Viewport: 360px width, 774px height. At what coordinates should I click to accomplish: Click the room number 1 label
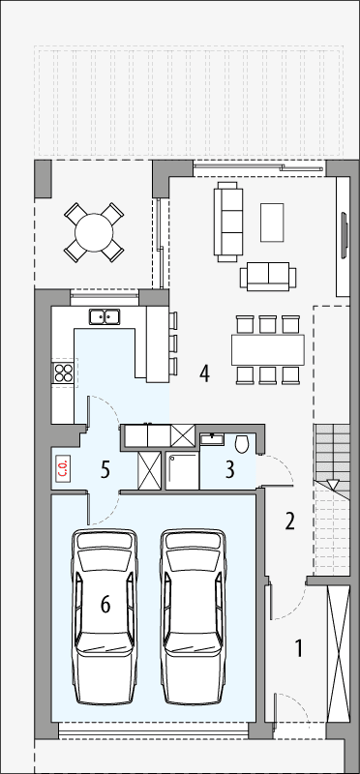pos(299,648)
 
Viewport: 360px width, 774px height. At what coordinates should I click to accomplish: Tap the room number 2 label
pos(289,522)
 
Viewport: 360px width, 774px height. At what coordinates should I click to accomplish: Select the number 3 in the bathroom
pos(229,471)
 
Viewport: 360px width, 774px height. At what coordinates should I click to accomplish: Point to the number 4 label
pos(204,372)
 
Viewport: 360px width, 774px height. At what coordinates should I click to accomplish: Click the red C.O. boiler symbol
pos(63,469)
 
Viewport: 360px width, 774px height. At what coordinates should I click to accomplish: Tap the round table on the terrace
pos(95,233)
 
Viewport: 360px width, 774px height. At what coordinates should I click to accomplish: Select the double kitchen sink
pos(104,315)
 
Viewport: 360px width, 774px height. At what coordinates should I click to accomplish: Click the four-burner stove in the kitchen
pos(64,372)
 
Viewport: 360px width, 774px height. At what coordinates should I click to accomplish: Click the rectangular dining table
pos(267,348)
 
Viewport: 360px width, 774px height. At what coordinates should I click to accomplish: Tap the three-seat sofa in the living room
pos(229,221)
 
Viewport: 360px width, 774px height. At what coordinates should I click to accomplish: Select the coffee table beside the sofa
pos(273,222)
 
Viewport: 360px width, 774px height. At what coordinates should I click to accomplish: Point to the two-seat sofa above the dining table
pos(267,276)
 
